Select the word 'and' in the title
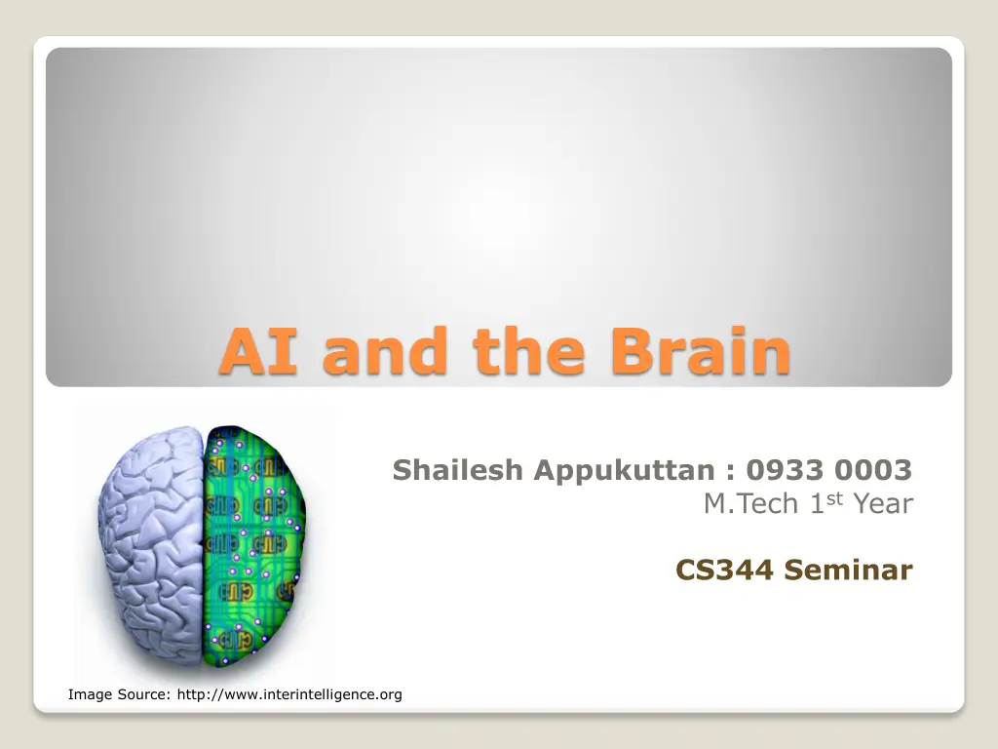384,350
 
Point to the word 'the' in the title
528,350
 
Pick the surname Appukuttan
624,471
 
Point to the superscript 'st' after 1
834,498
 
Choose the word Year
883,504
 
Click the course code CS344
724,570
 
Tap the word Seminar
849,570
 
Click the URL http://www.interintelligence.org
289,694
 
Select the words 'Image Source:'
120,694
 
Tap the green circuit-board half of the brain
254,544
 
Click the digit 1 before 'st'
818,504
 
